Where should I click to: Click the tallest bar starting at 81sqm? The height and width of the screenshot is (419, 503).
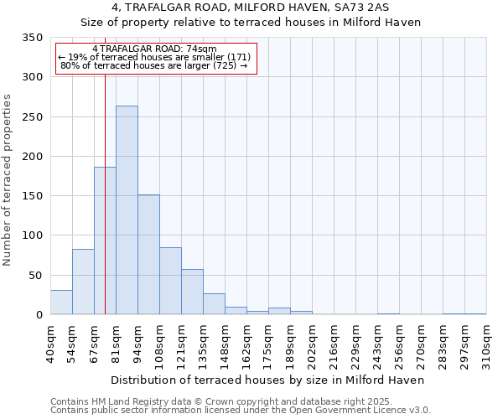(127, 210)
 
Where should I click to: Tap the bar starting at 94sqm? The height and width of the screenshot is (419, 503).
(148, 255)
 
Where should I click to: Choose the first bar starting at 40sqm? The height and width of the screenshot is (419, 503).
(61, 303)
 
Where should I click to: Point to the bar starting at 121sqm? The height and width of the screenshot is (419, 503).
(192, 292)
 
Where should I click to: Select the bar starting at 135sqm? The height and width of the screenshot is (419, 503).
(214, 304)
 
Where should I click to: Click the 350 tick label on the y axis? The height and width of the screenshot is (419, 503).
(33, 39)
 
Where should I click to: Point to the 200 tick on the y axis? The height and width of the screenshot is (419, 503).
(33, 157)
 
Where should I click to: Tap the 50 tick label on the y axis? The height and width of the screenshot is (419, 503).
(36, 276)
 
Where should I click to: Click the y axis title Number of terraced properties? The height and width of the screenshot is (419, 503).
(8, 180)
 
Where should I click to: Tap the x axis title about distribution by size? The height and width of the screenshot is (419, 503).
(267, 380)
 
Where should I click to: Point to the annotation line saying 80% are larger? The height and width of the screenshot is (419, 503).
(154, 65)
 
